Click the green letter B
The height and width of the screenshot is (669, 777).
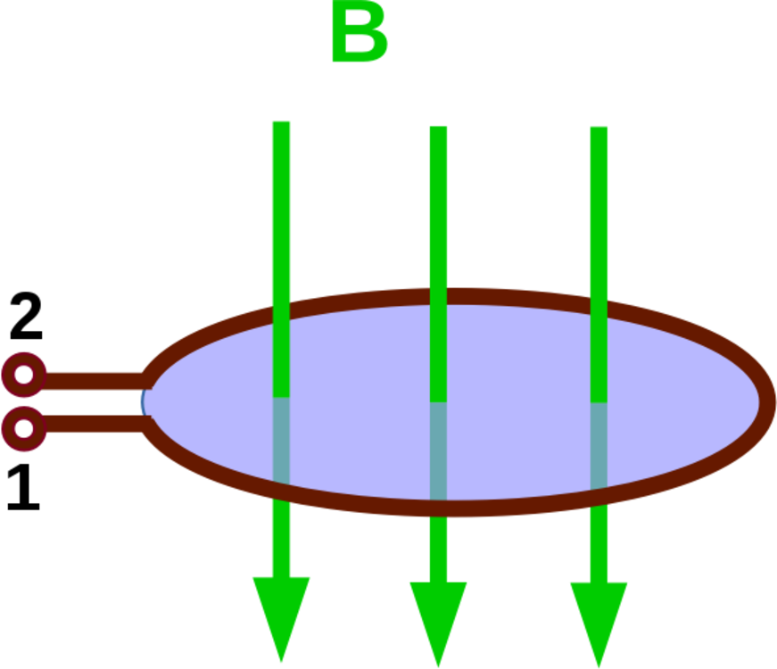click(x=360, y=37)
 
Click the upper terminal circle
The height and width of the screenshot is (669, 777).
click(x=24, y=375)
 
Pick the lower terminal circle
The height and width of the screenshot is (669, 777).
click(x=24, y=429)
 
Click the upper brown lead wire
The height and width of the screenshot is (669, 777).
click(x=89, y=380)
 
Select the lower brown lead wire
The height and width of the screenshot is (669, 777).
click(x=89, y=424)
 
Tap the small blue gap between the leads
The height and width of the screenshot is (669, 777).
click(x=143, y=402)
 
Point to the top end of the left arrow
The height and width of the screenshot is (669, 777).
click(x=281, y=123)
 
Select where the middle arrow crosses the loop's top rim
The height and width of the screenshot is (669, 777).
click(x=438, y=295)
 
